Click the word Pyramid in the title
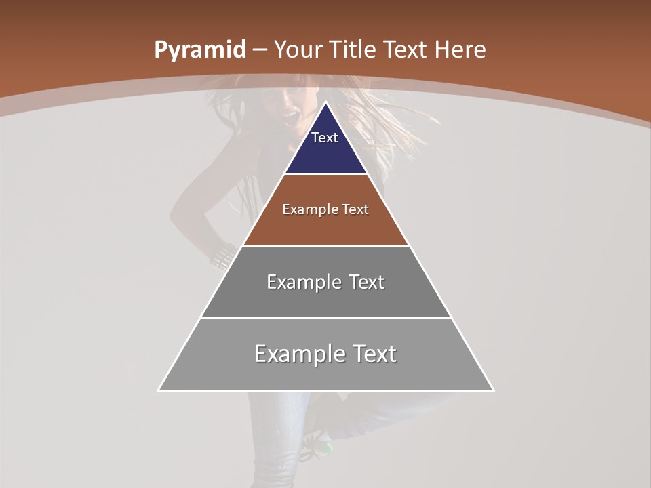(x=199, y=50)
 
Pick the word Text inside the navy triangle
(x=325, y=138)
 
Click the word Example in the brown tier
(x=308, y=209)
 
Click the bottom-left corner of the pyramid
(x=159, y=390)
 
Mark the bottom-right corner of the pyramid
(x=493, y=390)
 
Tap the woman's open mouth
(x=290, y=120)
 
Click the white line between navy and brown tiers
(x=326, y=174)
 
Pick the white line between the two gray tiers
(x=326, y=318)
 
